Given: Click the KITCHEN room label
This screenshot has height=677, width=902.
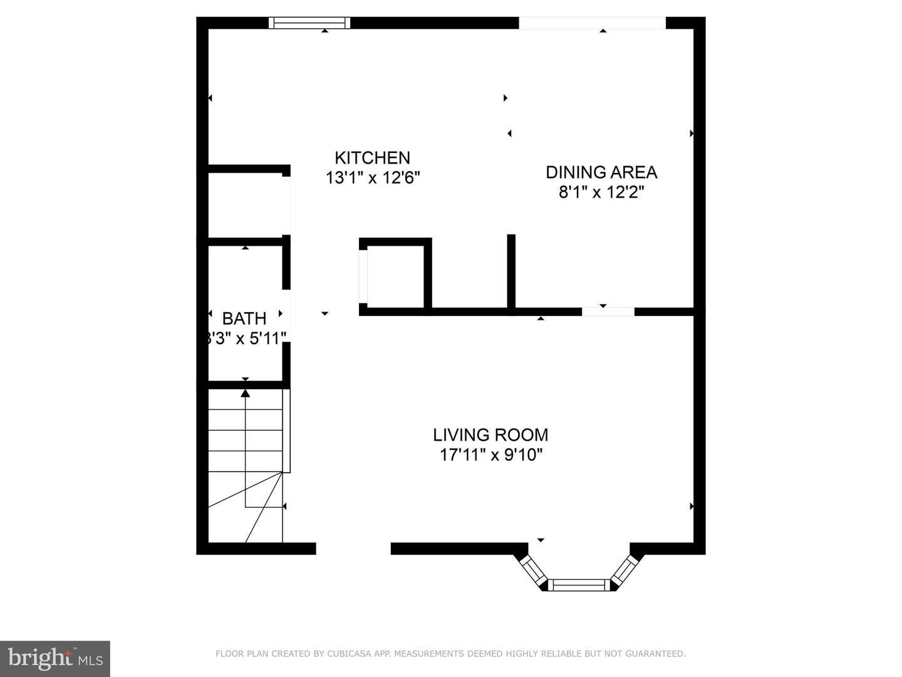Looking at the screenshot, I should (372, 157).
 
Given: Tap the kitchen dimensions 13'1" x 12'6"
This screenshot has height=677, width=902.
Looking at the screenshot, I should (372, 178).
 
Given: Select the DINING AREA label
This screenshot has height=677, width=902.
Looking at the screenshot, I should (601, 172).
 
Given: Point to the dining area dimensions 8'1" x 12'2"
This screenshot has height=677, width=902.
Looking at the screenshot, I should (601, 192).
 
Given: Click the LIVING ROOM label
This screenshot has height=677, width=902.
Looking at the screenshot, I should (490, 434).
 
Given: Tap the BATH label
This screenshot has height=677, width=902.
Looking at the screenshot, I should (244, 318).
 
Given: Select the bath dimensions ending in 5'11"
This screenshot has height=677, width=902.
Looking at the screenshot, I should (246, 338).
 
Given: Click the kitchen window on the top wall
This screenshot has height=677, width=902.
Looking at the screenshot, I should (309, 23).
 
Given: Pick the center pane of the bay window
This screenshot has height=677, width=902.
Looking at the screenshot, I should (579, 585).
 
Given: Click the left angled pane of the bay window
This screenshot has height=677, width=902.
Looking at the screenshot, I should (534, 570).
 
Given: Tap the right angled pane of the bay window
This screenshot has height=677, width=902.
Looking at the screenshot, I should (624, 570).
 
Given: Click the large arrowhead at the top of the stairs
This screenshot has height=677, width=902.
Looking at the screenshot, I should (246, 393).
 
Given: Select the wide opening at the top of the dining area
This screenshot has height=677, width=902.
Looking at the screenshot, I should (592, 23).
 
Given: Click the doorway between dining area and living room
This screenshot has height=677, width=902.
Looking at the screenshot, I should (608, 312).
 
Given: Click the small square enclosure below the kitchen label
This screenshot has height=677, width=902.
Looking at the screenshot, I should (395, 276).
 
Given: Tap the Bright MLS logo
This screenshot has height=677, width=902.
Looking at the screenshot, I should (54, 658).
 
